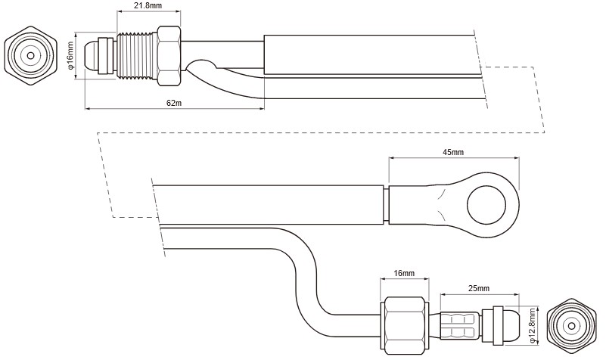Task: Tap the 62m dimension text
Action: point(173,103)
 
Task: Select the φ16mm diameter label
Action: point(70,55)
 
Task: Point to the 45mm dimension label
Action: point(453,152)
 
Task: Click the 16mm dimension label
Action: point(404,273)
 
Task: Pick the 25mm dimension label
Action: point(478,288)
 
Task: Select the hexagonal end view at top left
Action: point(30,55)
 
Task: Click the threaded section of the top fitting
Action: point(138,54)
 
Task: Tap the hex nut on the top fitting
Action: point(169,54)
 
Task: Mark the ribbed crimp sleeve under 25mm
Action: point(459,324)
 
